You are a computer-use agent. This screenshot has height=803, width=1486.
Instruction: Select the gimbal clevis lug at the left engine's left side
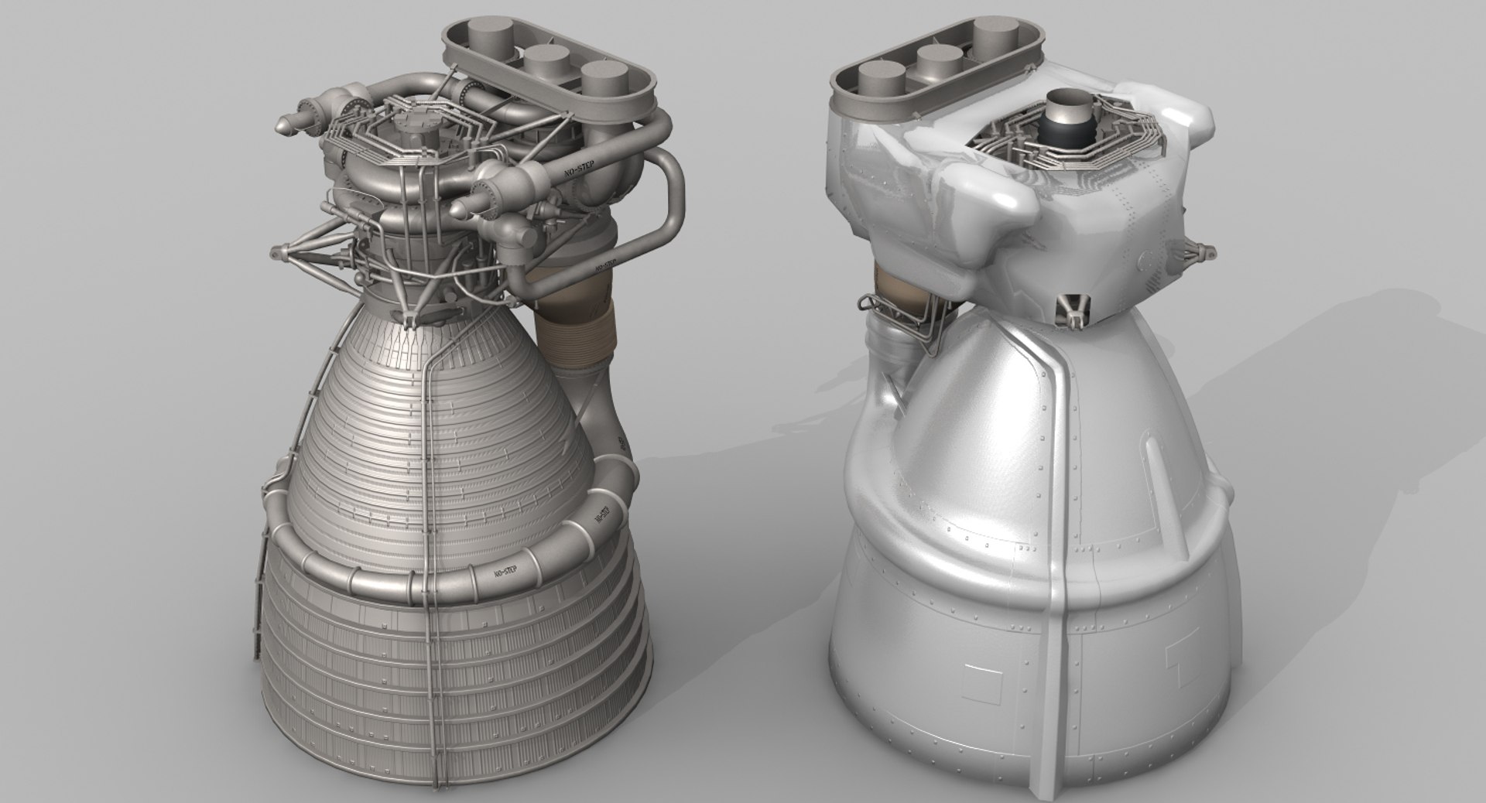tap(277, 251)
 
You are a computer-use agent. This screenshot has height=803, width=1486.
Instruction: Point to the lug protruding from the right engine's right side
tap(1204, 249)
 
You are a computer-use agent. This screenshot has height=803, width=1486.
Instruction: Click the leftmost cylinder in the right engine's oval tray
tap(882, 80)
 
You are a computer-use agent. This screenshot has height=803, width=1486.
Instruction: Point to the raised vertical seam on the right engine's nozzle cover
tap(1062, 495)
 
